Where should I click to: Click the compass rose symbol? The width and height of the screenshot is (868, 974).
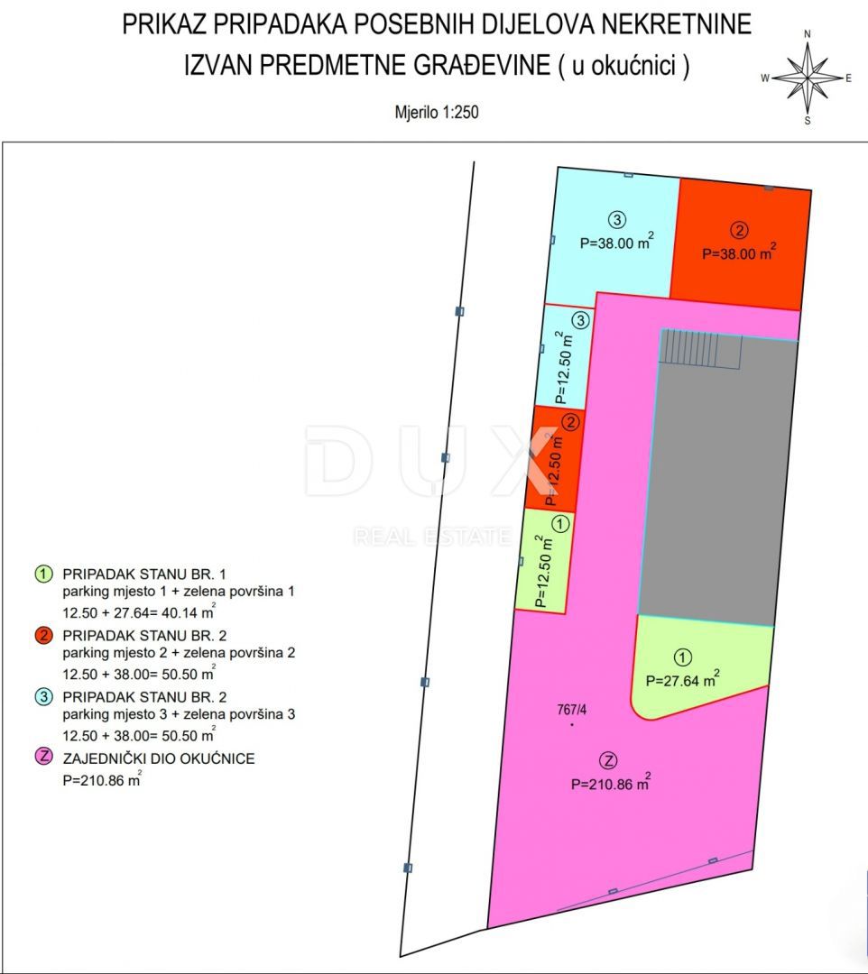808,78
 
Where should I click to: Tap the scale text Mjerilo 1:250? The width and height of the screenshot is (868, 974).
437,114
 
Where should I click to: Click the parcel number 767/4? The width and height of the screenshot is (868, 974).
572,710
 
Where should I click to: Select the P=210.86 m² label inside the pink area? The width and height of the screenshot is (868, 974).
611,785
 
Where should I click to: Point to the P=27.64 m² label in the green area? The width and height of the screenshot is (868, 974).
682,680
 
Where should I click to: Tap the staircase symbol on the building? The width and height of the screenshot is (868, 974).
702,349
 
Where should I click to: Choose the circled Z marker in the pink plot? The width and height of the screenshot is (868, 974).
611,758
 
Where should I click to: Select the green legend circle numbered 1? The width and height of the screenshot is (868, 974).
42,574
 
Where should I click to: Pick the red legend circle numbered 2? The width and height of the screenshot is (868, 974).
42,637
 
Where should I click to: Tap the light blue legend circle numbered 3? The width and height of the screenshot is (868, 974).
42,697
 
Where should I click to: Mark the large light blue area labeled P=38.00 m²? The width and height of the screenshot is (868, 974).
614,236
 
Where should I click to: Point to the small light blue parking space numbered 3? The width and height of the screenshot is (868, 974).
564,356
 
